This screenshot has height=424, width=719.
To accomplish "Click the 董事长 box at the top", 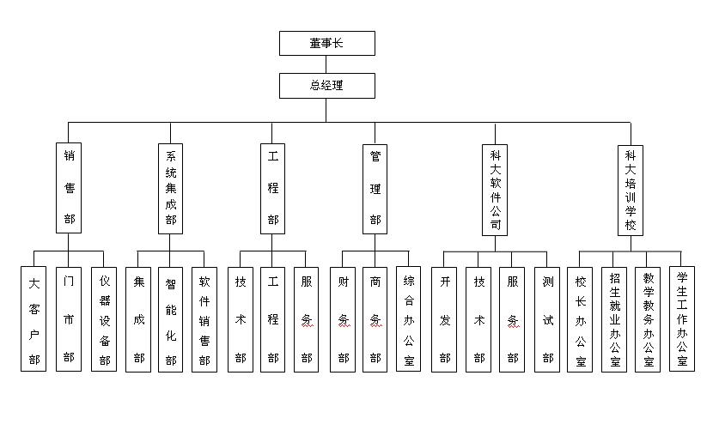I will [x=326, y=43].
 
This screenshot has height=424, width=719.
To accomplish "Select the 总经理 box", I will [x=326, y=85].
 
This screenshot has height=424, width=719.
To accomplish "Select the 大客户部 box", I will [x=34, y=318].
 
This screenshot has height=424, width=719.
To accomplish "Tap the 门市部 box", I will [x=69, y=318].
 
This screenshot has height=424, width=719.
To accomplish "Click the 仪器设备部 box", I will [x=104, y=318].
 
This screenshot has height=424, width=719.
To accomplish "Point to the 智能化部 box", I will [x=170, y=318].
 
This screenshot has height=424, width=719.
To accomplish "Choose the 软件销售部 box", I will [x=204, y=318].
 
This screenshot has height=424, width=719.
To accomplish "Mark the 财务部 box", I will [x=342, y=318].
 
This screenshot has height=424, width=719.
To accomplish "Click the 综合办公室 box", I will [x=409, y=318].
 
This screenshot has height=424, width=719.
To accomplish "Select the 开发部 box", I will [x=444, y=318].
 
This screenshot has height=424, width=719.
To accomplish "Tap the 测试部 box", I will [x=547, y=318].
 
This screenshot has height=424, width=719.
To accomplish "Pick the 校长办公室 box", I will [x=581, y=318].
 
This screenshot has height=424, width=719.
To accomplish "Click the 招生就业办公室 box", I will [x=614, y=318].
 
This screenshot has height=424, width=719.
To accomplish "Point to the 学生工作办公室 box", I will [x=681, y=318].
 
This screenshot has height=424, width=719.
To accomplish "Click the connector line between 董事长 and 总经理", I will [x=326, y=64].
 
